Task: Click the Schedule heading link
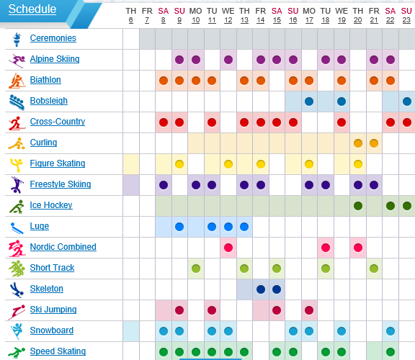point(32,9)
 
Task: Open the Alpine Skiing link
point(55,59)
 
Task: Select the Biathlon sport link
point(45,80)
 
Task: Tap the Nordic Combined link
point(63,247)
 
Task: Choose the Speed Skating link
point(58,351)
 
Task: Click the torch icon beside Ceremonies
point(17,39)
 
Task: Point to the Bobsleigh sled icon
point(17,102)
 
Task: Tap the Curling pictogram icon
point(17,143)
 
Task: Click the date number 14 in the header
point(260,20)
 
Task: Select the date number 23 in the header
point(406,20)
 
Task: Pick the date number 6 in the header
point(130,20)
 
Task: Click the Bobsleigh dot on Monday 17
point(309,102)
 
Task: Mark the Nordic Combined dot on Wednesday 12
point(228,248)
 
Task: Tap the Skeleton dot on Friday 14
point(261,289)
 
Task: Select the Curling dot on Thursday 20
point(358,143)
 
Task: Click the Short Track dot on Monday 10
point(196,269)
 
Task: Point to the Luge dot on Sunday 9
point(179,227)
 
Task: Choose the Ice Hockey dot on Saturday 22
point(391,206)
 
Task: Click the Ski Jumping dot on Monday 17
point(309,310)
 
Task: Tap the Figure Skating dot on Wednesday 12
point(228,164)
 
